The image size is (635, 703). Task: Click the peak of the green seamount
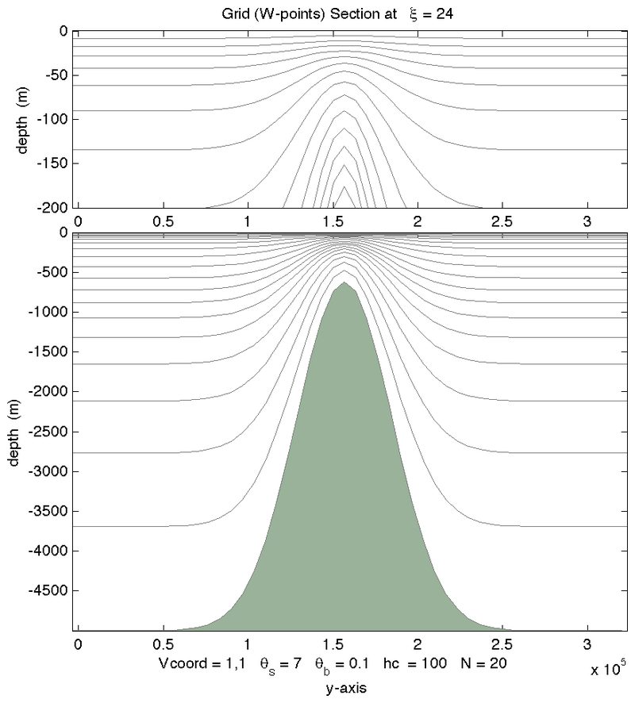coord(344,283)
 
